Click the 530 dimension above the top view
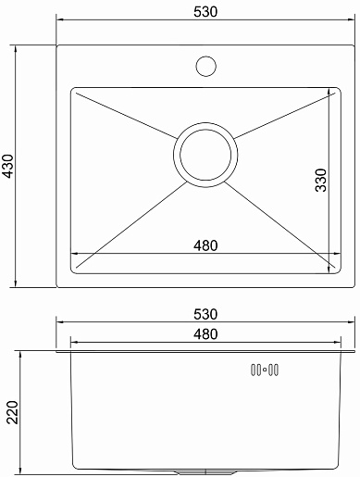point(205,12)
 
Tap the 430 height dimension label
point(7,166)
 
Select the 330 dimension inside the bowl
point(321,181)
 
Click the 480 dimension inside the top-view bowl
point(205,245)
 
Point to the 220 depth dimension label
point(12,412)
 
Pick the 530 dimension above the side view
point(205,314)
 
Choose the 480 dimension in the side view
point(205,334)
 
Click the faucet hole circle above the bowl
point(205,66)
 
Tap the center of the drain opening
point(205,155)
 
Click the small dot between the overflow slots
point(265,370)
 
